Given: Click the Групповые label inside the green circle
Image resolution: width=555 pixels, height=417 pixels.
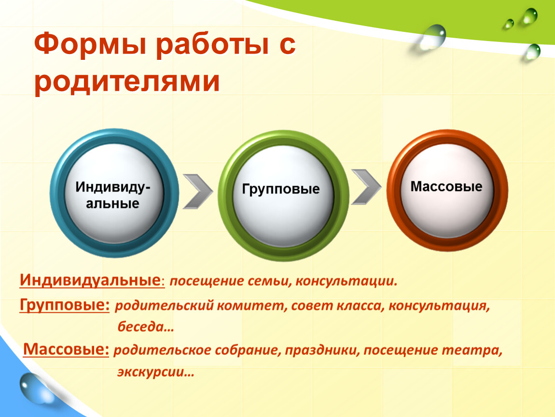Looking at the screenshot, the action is pyautogui.click(x=281, y=189).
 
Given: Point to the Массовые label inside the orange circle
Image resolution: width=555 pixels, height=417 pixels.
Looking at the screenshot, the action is pyautogui.click(x=446, y=186).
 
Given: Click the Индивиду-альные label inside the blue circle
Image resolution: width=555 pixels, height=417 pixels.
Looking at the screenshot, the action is pyautogui.click(x=112, y=195).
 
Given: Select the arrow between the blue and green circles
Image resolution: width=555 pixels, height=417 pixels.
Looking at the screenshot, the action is pyautogui.click(x=198, y=191).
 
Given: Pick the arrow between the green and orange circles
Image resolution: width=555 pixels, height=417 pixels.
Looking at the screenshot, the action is pyautogui.click(x=366, y=187).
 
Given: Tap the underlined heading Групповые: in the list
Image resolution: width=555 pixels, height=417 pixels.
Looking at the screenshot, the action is pyautogui.click(x=65, y=305).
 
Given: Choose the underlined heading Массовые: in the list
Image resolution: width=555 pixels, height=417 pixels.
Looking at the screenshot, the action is pyautogui.click(x=66, y=349).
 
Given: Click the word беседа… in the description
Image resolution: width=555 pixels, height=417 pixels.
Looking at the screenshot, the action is pyautogui.click(x=146, y=326).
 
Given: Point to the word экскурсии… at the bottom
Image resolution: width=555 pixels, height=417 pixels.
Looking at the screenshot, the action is pyautogui.click(x=156, y=373).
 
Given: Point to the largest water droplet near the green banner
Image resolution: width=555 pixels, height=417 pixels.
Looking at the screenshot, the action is pyautogui.click(x=432, y=37).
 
